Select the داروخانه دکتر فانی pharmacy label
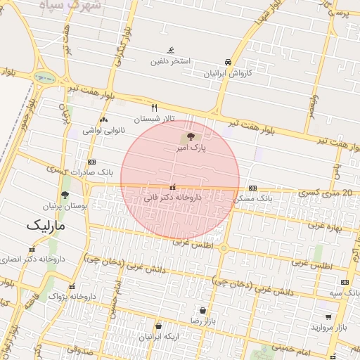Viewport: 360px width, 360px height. pos(173,198)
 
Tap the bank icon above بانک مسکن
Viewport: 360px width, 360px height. pos(252,188)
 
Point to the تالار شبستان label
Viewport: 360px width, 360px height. pos(153,120)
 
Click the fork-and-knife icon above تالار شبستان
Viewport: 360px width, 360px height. pos(155,108)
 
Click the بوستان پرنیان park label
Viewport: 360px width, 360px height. pos(65,207)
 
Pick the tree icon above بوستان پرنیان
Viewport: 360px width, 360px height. pos(65,195)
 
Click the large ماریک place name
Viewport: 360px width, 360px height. pos(45,226)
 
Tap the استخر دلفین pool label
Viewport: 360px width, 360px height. pos(171,61)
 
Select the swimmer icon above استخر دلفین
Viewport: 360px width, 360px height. pos(171,50)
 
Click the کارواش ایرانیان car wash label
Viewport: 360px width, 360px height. pos(227,73)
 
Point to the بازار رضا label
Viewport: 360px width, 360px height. pos(202,321)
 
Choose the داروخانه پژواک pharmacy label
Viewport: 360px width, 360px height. pos(72,297)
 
